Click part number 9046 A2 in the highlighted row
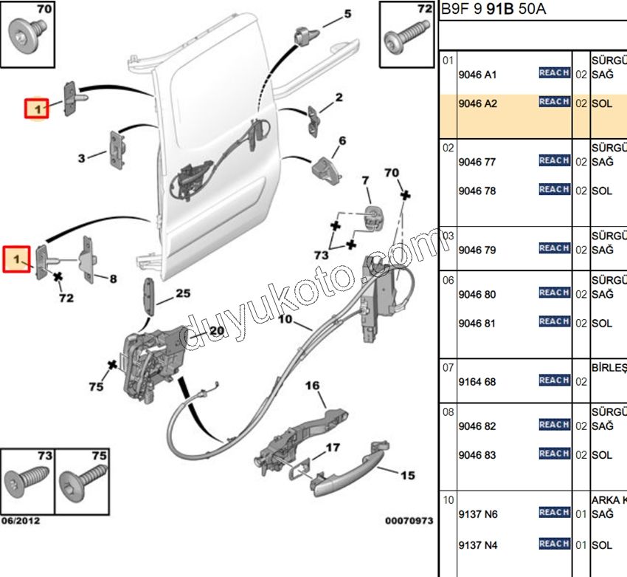(477, 104)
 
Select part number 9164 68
(477, 382)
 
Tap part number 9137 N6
(477, 514)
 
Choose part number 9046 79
(477, 250)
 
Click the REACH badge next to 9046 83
(554, 454)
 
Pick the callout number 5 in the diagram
(347, 14)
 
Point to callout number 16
(313, 386)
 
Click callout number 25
(183, 293)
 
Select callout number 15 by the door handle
(407, 477)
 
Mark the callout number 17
(333, 448)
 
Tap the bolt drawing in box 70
(27, 33)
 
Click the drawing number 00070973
(408, 521)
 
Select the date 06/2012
(21, 521)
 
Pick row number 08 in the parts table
(448, 412)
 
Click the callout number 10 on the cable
(285, 320)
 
